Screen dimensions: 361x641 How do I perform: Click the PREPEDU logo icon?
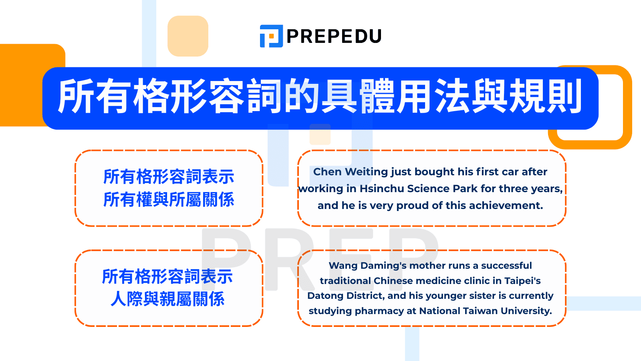point(271,36)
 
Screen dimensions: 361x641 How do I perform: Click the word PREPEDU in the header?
point(334,37)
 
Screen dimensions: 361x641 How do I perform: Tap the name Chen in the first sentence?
point(327,172)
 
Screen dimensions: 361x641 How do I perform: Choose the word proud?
point(412,205)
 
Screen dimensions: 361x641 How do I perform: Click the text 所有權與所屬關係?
point(169,200)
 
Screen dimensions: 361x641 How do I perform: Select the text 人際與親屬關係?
point(168,299)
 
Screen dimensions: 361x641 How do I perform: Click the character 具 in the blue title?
point(339,97)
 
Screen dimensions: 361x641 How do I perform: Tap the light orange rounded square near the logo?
point(188,36)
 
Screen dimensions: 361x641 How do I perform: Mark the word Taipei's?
point(522,281)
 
